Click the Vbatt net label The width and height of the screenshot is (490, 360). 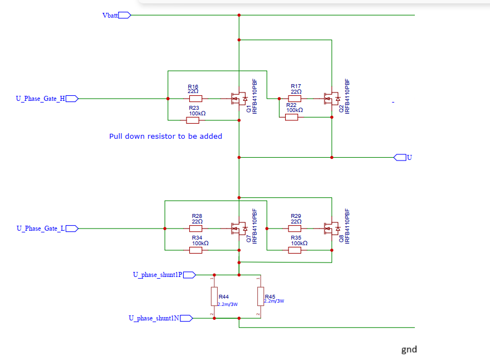pyautogui.click(x=110, y=15)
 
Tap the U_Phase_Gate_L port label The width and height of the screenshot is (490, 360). pyautogui.click(x=41, y=228)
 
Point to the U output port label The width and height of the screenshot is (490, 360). pyautogui.click(x=409, y=157)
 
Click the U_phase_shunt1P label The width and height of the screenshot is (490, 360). pyautogui.click(x=157, y=274)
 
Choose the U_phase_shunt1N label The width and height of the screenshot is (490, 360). pyautogui.click(x=154, y=318)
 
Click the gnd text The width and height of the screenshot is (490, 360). pyautogui.click(x=409, y=350)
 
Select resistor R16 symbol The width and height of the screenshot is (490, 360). pyautogui.click(x=195, y=99)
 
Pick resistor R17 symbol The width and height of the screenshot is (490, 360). pyautogui.click(x=295, y=99)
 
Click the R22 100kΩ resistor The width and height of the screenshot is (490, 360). pyautogui.click(x=291, y=117)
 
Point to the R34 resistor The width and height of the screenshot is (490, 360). pyautogui.click(x=195, y=250)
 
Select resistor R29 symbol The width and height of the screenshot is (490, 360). pyautogui.click(x=295, y=228)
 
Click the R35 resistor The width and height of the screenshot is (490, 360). pyautogui.click(x=295, y=250)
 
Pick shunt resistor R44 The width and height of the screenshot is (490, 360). pyautogui.click(x=213, y=296)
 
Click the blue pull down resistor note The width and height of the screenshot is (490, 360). pyautogui.click(x=165, y=137)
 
